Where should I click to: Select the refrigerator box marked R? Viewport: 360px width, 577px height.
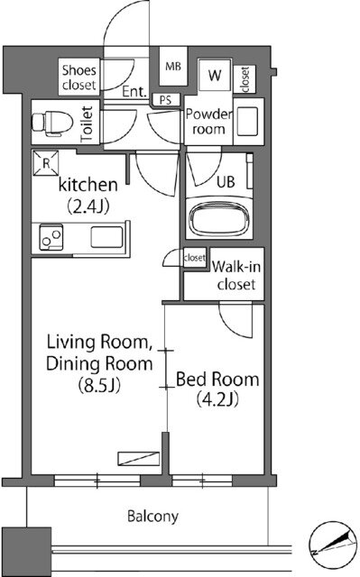click(x=46, y=163)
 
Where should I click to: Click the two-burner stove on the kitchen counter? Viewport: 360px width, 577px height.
click(x=51, y=237)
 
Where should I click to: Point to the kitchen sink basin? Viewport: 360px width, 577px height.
click(x=107, y=237)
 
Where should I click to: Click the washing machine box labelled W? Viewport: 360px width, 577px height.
click(x=216, y=75)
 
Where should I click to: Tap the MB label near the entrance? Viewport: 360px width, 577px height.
click(x=173, y=67)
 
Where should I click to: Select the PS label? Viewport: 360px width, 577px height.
click(x=166, y=100)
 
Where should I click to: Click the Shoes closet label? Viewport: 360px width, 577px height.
click(x=79, y=78)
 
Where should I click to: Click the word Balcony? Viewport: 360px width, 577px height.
click(x=152, y=517)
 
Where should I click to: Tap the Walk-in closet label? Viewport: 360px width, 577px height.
click(x=236, y=275)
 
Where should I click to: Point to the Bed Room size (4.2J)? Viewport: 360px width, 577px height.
click(x=217, y=398)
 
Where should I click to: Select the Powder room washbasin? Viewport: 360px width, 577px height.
click(x=248, y=122)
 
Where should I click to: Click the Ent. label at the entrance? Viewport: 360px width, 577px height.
click(x=134, y=92)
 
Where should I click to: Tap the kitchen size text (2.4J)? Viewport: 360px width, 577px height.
click(x=88, y=206)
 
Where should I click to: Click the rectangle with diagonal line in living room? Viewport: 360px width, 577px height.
click(x=139, y=459)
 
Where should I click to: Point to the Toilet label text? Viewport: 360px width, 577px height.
click(x=88, y=124)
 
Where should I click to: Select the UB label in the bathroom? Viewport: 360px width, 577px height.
click(x=226, y=182)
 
